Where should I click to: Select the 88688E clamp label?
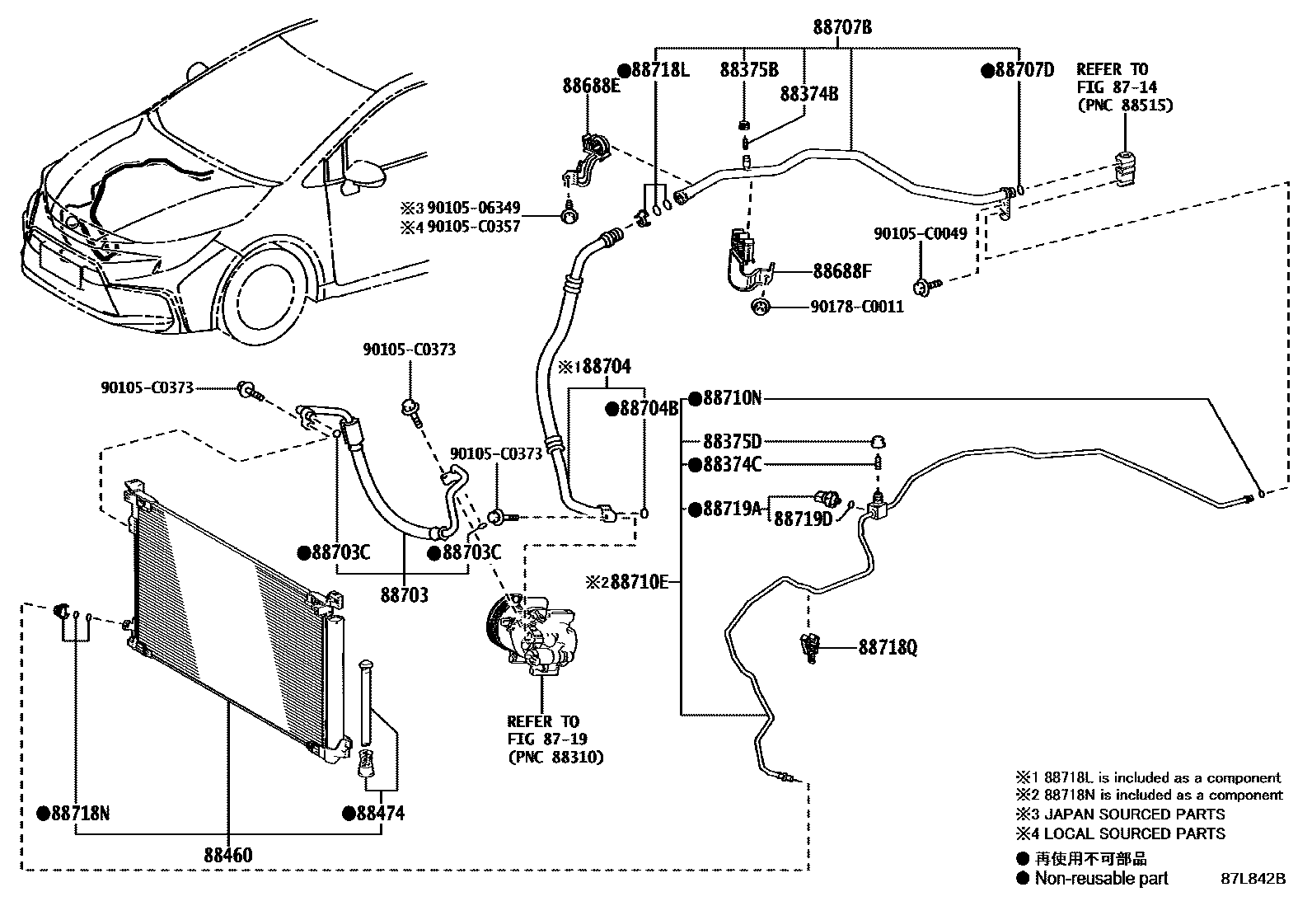592,85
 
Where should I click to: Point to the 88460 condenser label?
228,855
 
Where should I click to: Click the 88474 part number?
380,814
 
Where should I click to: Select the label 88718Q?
887,648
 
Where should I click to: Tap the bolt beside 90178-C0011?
760,307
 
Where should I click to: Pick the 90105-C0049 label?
920,234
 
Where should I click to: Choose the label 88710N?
731,399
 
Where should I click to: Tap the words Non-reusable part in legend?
1101,879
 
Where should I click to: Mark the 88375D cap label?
732,442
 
